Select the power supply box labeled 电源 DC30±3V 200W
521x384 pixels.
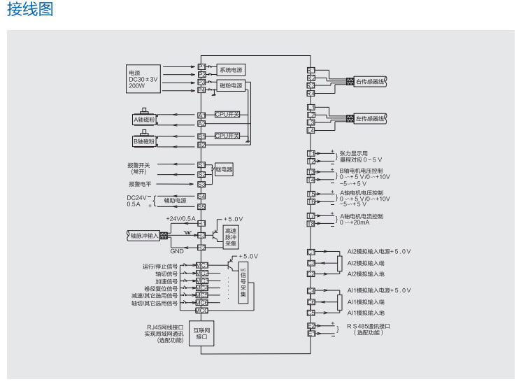coord(144,79)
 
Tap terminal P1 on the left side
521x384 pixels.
coord(201,66)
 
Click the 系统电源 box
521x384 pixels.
coord(231,70)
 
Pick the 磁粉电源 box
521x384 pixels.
coord(231,86)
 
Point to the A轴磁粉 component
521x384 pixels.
coord(145,120)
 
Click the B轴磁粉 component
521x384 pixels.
coord(145,141)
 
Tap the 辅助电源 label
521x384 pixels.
coord(175,200)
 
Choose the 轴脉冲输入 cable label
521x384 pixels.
coord(144,236)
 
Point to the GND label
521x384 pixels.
coord(177,250)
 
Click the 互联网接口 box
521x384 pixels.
coord(202,333)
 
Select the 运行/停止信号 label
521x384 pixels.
coord(160,266)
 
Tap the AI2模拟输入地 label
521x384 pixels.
coord(366,274)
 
